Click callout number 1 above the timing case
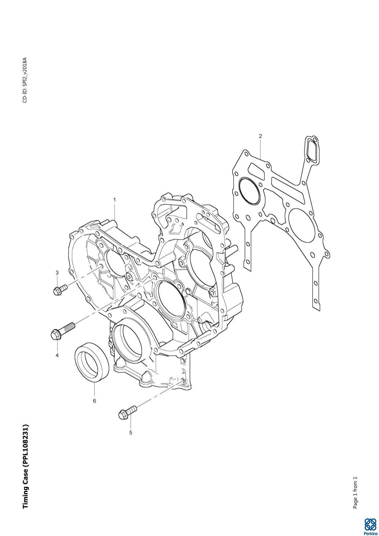(114, 200)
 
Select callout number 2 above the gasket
(260, 136)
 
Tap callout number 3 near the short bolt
(57, 273)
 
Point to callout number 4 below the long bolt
(57, 355)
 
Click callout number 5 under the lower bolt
(131, 433)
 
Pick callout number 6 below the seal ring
(94, 401)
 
